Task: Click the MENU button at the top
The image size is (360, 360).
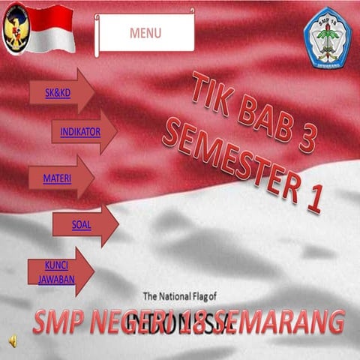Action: click(x=145, y=33)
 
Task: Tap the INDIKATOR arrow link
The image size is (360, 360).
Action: click(x=80, y=132)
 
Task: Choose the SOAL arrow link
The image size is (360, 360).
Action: click(x=82, y=223)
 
